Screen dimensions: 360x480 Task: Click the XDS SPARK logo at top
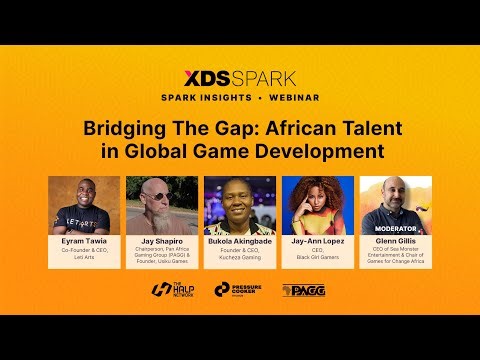pos(240,77)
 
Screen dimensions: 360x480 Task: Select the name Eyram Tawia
pos(84,241)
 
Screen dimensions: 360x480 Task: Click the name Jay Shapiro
pos(162,241)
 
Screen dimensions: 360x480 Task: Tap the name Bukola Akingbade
pos(240,241)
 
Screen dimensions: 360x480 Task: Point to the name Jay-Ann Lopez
pos(318,241)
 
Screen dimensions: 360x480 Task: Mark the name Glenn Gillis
pos(396,241)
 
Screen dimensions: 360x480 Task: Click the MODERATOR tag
pos(396,229)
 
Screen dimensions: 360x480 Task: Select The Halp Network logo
pos(171,290)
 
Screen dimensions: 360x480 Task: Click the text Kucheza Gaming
pos(240,256)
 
